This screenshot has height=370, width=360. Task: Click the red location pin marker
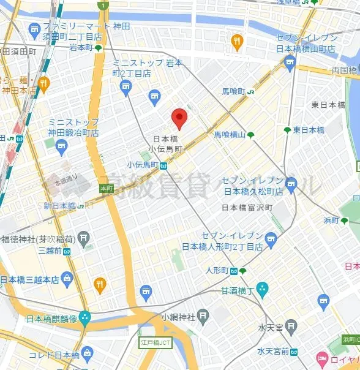(178, 116)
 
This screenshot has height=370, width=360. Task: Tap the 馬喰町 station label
(233, 91)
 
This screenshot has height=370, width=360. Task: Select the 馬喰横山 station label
(230, 135)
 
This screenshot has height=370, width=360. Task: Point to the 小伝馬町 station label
(143, 165)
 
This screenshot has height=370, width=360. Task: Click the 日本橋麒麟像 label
(51, 319)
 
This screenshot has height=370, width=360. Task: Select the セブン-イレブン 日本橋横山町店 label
(306, 43)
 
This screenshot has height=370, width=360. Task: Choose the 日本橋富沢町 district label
(247, 207)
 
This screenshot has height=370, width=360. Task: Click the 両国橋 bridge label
(343, 70)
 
